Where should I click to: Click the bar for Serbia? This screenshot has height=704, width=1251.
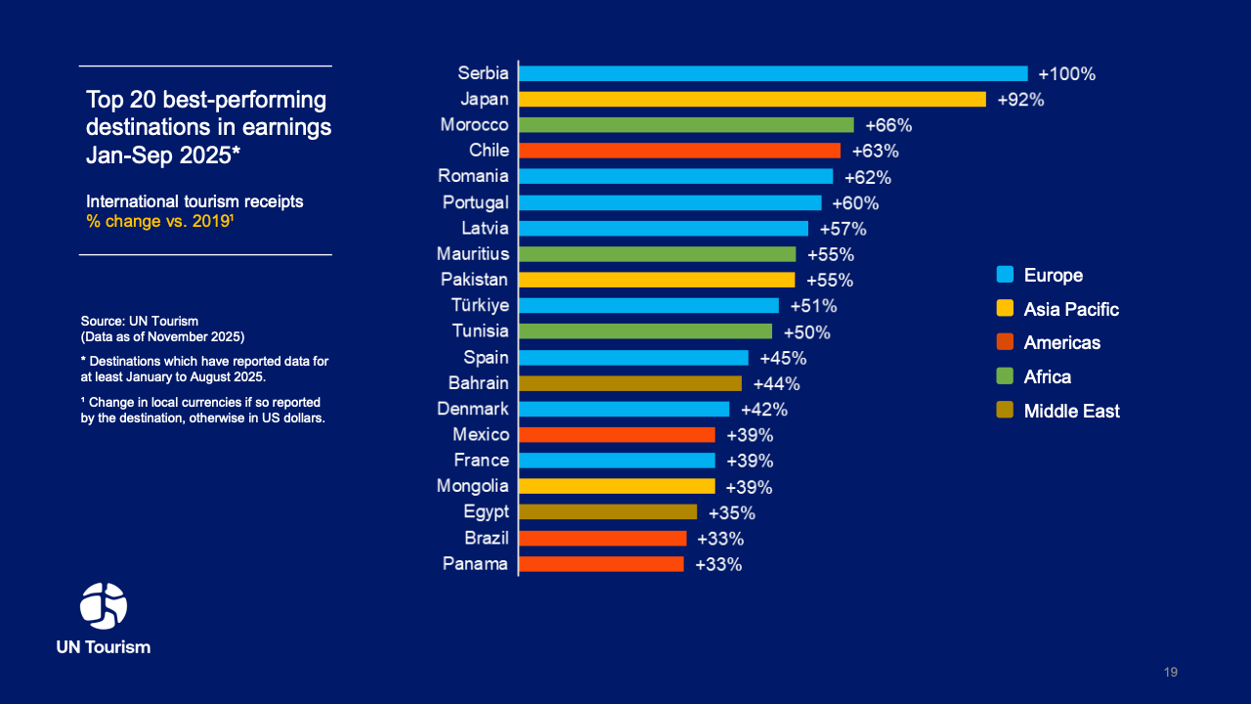click(773, 73)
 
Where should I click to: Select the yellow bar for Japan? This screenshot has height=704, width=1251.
click(753, 99)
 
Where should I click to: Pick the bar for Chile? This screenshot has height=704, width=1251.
click(679, 151)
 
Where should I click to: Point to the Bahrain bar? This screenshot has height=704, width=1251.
click(630, 383)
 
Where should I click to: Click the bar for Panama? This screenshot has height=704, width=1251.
click(601, 564)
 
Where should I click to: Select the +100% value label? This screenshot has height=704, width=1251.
click(1066, 73)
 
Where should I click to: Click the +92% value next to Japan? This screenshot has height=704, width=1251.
click(1020, 100)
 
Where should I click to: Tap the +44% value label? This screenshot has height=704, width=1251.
click(776, 383)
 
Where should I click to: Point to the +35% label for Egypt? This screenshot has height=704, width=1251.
click(731, 512)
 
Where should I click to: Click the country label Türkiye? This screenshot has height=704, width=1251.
click(480, 305)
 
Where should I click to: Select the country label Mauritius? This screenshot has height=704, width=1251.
click(473, 254)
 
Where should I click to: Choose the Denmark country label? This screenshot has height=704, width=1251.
click(473, 409)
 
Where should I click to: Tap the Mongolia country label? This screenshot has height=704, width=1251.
click(473, 486)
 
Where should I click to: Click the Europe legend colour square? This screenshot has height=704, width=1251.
click(1005, 275)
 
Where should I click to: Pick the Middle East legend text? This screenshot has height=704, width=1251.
click(1071, 412)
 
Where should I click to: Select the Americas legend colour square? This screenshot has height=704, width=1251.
click(1005, 342)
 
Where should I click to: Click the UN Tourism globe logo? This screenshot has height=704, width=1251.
click(104, 606)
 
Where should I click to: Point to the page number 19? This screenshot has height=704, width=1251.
click(1171, 672)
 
